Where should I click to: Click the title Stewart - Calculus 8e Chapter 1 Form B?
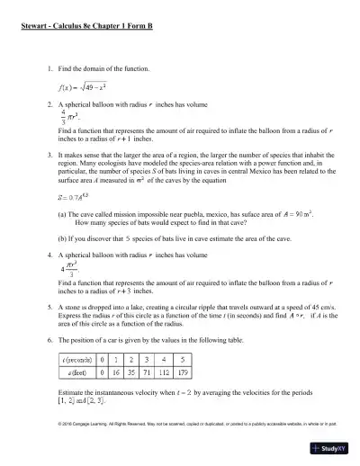86,28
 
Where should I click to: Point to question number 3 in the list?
48,155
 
